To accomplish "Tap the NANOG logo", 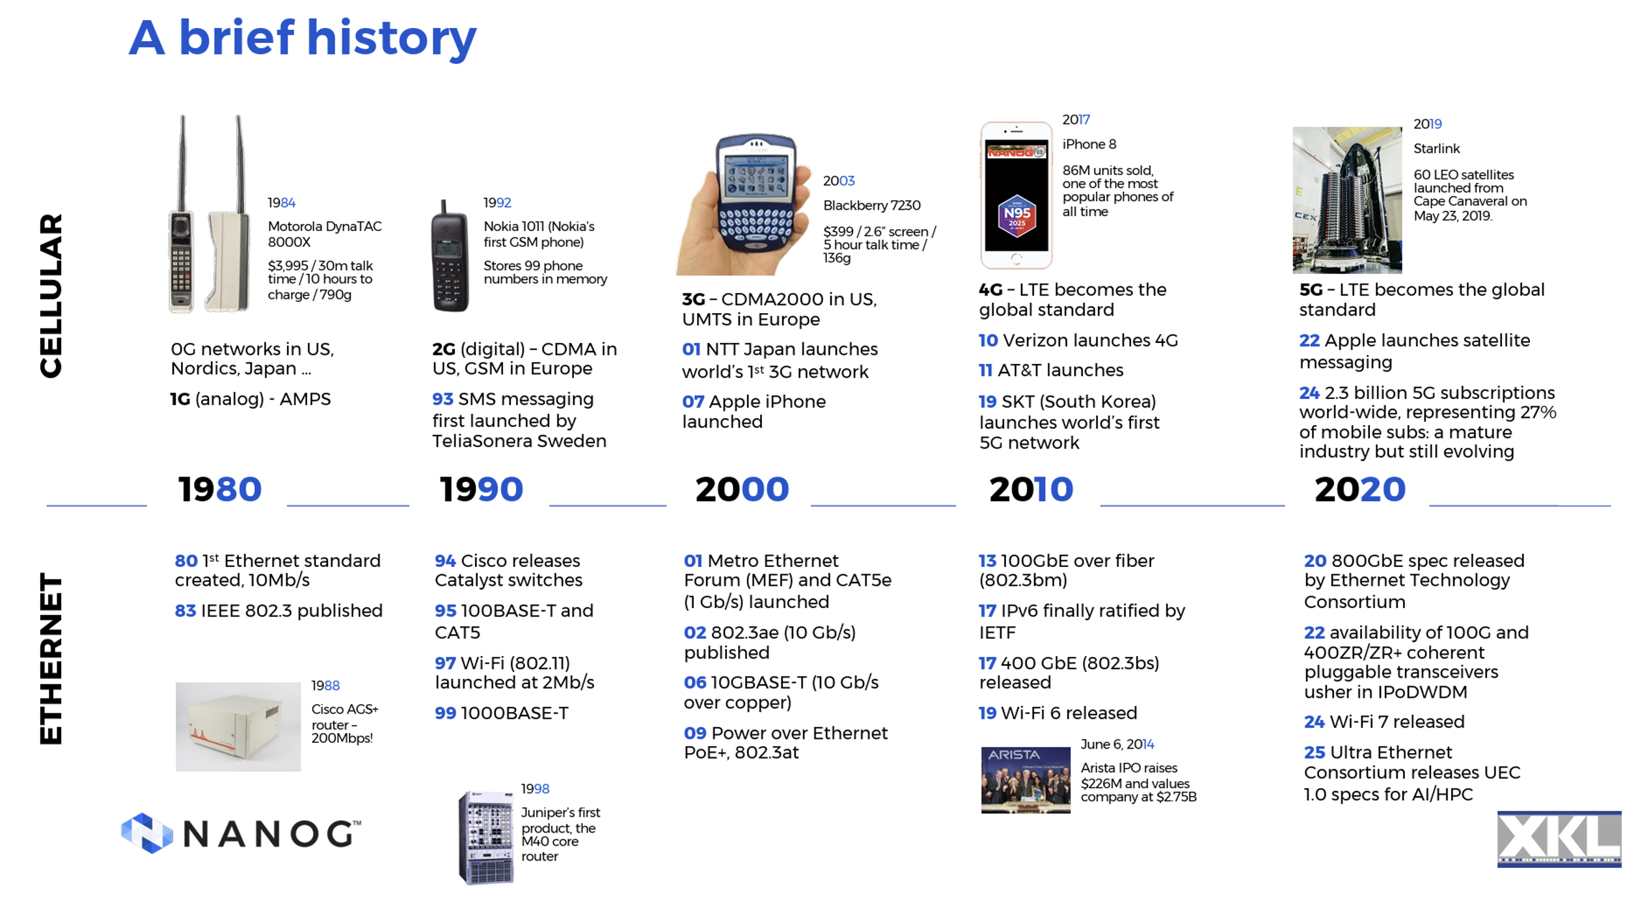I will (241, 833).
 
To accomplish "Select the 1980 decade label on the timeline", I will (220, 490).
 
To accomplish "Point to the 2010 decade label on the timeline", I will (1031, 490).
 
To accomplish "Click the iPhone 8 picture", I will (1016, 195).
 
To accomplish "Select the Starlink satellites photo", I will (1346, 200).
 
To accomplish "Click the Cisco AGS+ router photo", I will (238, 726).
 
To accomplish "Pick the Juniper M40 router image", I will (486, 837).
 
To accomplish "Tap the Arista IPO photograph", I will (1026, 780).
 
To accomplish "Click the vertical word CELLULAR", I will (51, 296).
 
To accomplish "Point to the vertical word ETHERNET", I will (51, 659).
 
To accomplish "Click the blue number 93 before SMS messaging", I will (443, 399).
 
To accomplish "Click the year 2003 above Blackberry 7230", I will (838, 181).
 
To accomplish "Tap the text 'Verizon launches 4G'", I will (1090, 340).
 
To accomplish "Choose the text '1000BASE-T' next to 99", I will (514, 713).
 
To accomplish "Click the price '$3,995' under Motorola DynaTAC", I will (287, 266).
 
